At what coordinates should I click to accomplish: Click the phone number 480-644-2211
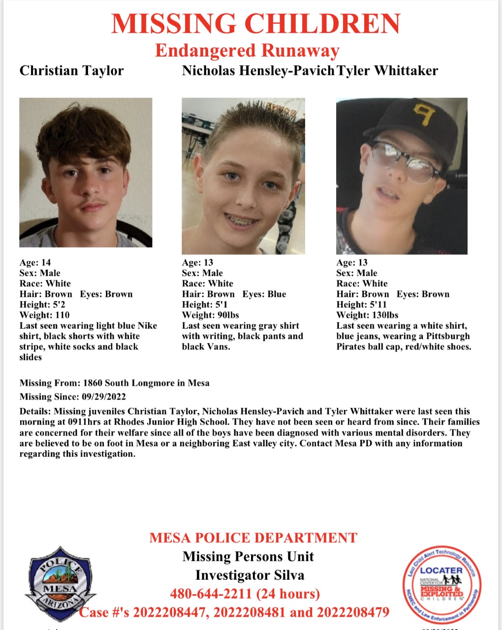[211, 594]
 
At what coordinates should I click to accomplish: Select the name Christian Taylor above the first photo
[71, 71]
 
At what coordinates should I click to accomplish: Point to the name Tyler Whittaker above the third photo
[387, 71]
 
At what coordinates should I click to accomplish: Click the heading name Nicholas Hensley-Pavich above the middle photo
[258, 71]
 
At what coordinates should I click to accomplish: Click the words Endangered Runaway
[247, 50]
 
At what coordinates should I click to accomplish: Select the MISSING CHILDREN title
[256, 24]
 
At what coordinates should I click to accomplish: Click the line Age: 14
[35, 262]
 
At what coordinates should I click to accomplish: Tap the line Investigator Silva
[250, 575]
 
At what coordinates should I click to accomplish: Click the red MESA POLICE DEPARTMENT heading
[253, 537]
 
